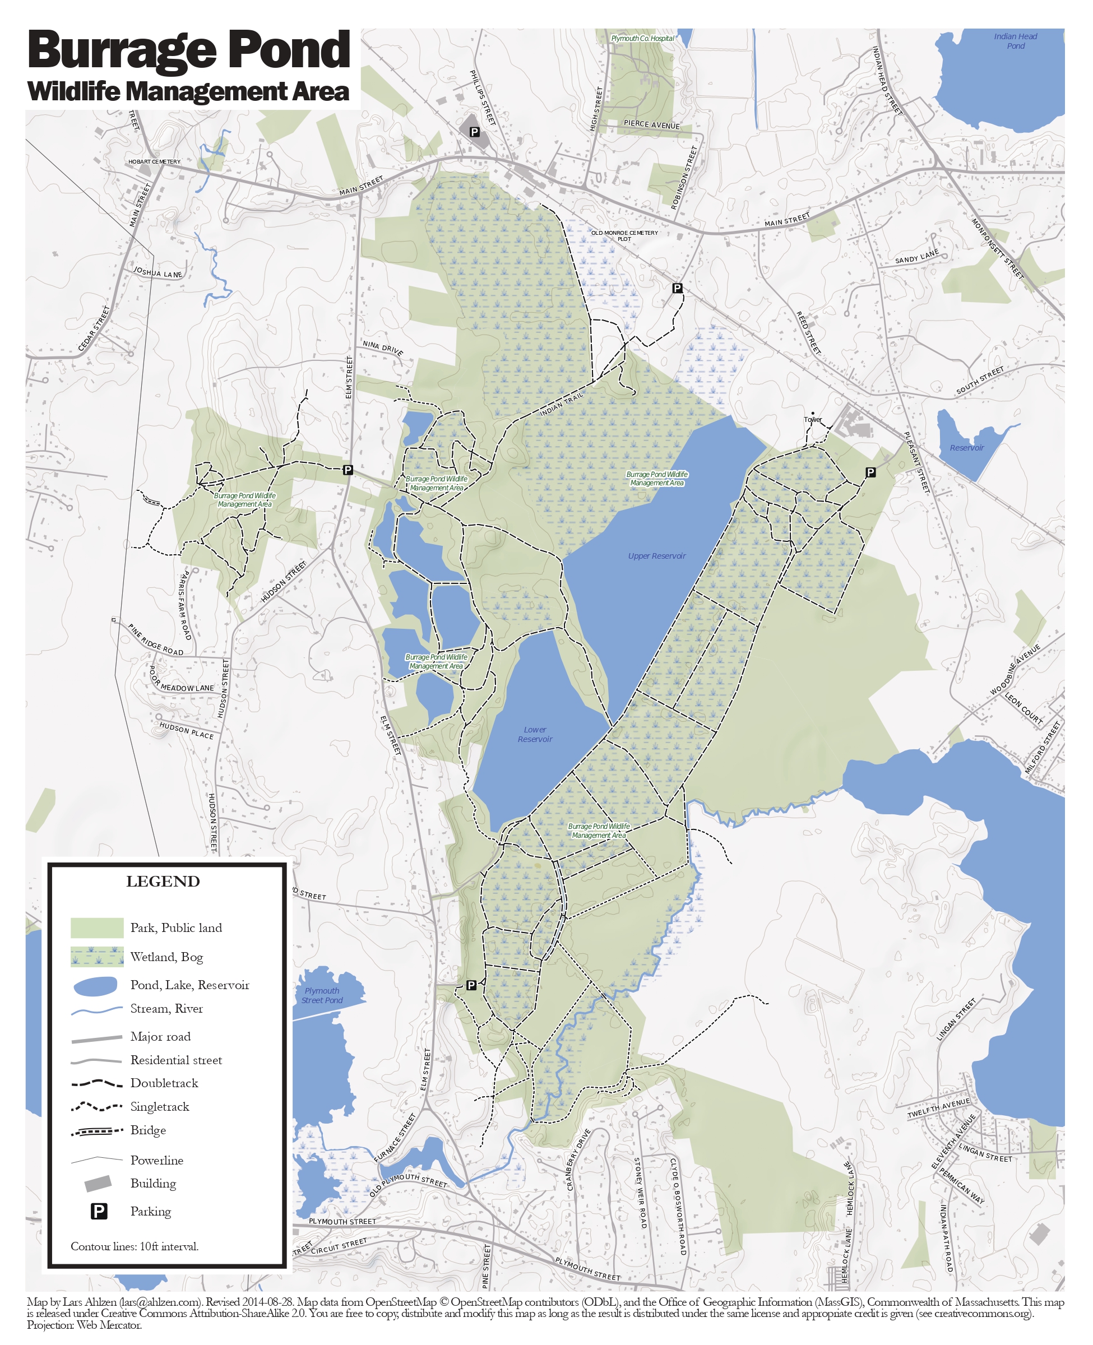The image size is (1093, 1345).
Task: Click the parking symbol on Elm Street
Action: pos(348,470)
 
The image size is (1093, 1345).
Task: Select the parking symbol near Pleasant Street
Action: pos(870,472)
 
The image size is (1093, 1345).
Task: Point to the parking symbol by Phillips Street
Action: pos(475,132)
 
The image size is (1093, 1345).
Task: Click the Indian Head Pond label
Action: pos(1015,41)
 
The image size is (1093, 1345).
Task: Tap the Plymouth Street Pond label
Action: pos(322,995)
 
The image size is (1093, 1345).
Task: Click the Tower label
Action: pos(812,419)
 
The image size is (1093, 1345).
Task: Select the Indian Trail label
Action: pos(562,403)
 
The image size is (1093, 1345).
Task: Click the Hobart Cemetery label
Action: pos(154,162)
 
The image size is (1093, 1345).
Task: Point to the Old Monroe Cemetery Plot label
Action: pos(624,235)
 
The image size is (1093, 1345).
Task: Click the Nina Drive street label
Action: pos(382,348)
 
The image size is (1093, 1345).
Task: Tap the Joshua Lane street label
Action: pos(158,272)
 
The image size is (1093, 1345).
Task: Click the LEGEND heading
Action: pos(163,881)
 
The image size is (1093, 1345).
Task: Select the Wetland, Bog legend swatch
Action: pos(97,956)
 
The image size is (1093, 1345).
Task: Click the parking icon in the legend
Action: pos(99,1211)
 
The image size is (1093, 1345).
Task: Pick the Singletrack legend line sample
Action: pos(96,1106)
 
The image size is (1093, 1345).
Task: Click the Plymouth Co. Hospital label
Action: pos(642,39)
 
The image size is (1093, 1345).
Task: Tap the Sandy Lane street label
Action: pos(916,256)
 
